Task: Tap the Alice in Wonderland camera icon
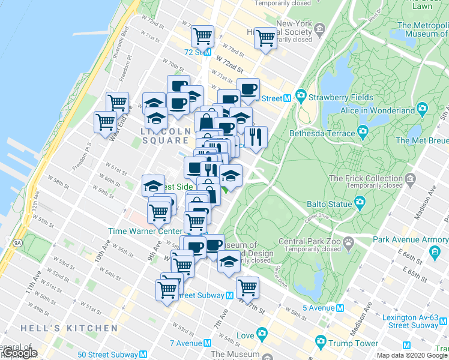point(422,110)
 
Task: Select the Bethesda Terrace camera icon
point(362,132)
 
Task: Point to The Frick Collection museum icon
point(411,179)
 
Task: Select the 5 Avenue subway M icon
point(340,308)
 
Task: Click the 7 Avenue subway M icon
point(207,343)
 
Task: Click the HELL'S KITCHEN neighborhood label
point(69,328)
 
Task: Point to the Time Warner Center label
point(145,231)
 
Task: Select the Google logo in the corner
point(20,353)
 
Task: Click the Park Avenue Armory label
point(411,240)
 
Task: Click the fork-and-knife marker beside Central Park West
point(256,137)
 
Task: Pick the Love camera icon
point(262,333)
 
